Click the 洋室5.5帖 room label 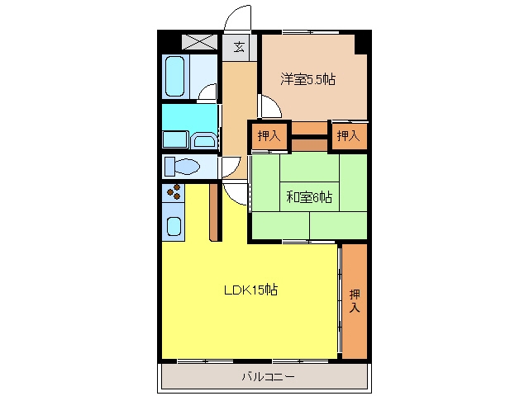click(307, 79)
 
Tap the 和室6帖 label click(309, 196)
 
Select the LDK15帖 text click(251, 290)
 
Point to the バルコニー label click(268, 376)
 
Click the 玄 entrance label click(239, 46)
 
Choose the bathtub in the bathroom click(175, 77)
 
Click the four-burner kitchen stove click(174, 192)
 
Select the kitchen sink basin click(174, 226)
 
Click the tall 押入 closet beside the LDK click(355, 301)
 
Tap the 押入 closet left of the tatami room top click(269, 135)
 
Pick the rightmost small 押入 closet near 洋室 click(349, 135)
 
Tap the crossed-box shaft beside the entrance click(199, 42)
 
